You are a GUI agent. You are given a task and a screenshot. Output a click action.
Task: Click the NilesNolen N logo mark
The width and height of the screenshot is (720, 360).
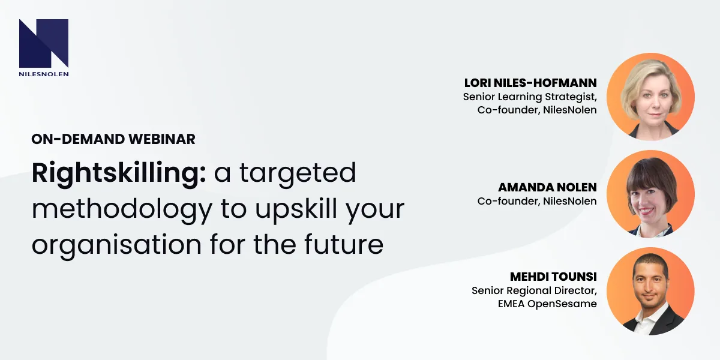pyautogui.click(x=43, y=43)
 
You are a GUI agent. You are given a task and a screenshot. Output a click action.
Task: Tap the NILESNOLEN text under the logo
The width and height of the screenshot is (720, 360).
pyautogui.click(x=43, y=74)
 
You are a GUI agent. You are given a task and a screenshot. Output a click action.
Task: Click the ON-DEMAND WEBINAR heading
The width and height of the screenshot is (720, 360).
pyautogui.click(x=113, y=139)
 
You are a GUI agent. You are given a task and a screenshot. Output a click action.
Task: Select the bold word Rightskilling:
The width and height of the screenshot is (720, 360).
pyautogui.click(x=119, y=174)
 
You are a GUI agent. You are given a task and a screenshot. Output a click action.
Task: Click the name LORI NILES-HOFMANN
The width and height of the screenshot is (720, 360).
pyautogui.click(x=530, y=83)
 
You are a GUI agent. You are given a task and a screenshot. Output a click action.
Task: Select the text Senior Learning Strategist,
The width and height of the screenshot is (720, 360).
pyautogui.click(x=530, y=97)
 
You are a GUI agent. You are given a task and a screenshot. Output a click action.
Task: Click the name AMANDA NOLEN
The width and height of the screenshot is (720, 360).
pyautogui.click(x=547, y=187)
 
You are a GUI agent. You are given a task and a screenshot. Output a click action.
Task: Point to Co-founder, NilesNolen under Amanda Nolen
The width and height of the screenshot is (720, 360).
pyautogui.click(x=537, y=201)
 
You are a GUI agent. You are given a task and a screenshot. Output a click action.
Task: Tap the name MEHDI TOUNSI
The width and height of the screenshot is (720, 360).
pyautogui.click(x=553, y=277)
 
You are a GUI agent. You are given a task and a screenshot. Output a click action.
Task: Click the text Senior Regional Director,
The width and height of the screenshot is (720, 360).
pyautogui.click(x=534, y=290)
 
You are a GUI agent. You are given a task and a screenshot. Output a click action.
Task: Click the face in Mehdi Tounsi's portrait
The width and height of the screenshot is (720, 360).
pyautogui.click(x=651, y=287)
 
